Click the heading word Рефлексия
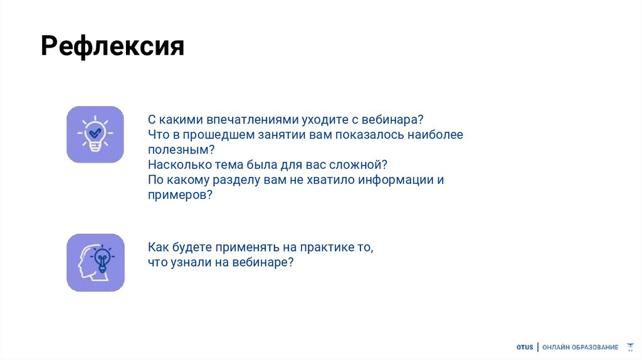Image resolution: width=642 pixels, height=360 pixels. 113,46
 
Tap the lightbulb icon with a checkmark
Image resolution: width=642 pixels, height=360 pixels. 95,134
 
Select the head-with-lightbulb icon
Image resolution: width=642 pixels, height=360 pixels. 95,262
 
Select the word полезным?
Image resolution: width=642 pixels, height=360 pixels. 181,150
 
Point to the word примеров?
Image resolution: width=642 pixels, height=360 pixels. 181,195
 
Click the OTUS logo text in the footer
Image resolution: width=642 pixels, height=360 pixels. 524,347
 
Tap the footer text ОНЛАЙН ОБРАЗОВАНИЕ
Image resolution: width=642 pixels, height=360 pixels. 580,347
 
